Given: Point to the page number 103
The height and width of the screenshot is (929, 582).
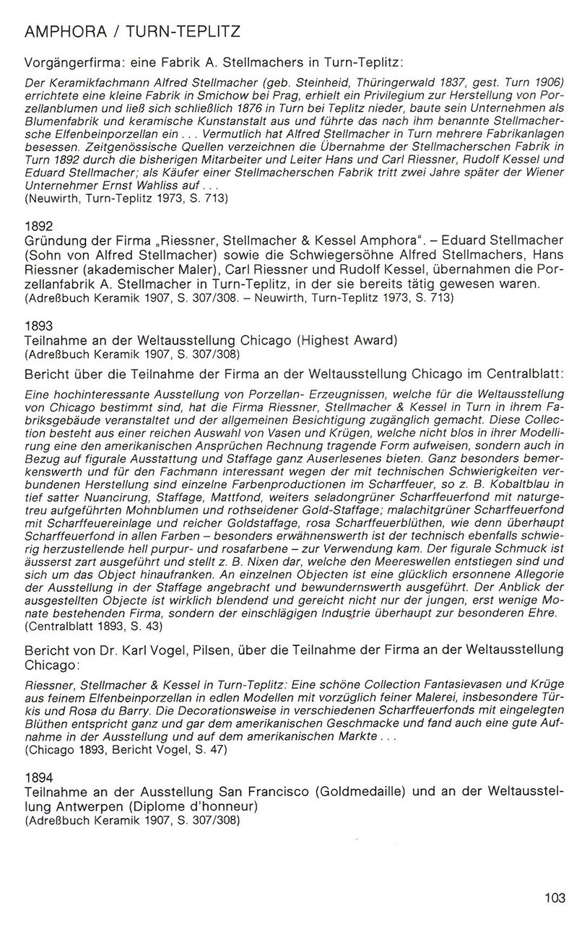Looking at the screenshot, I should (554, 898).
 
